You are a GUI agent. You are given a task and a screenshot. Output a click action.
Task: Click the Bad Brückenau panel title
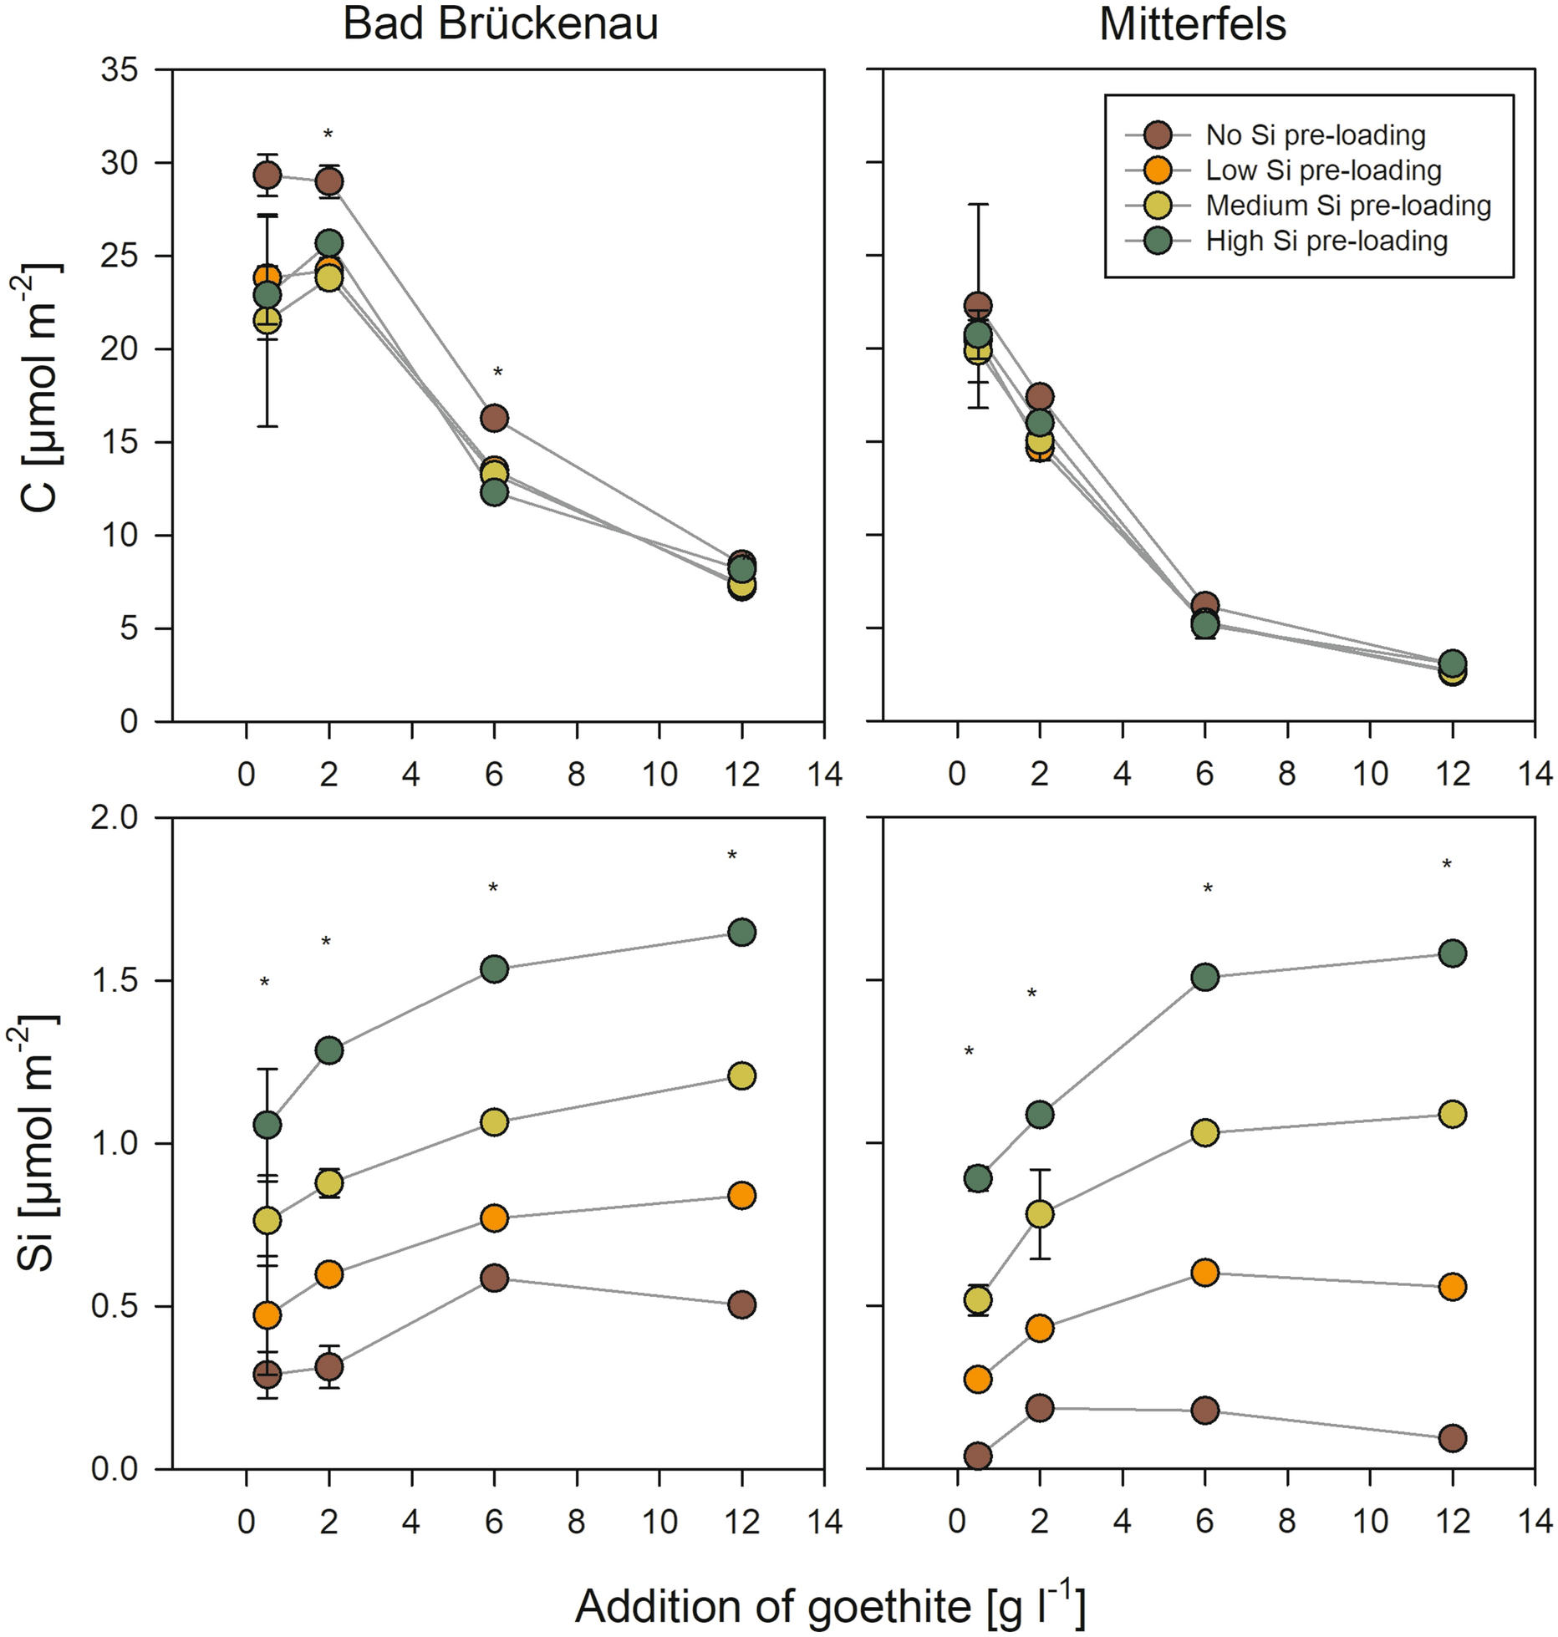pos(500,25)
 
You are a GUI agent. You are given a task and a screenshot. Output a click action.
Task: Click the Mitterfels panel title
pos(1192,25)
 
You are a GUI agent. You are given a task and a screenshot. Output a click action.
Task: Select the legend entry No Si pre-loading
pos(1315,135)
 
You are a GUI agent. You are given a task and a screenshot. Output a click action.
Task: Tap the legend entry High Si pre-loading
pos(1326,241)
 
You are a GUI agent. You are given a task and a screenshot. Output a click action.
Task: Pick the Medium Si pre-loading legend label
pos(1347,206)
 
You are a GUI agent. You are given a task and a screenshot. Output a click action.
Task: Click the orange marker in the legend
pos(1158,170)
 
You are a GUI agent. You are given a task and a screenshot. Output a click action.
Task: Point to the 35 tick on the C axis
pos(120,70)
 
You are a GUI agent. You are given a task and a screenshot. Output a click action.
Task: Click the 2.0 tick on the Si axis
pos(116,817)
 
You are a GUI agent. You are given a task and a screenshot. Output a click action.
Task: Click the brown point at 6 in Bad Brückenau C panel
pos(494,418)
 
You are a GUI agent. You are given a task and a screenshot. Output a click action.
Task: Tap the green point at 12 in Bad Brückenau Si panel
pos(741,933)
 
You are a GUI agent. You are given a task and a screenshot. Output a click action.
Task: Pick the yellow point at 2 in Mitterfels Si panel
pos(1039,1214)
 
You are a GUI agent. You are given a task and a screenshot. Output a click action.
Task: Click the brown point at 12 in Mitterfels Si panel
pos(1453,1438)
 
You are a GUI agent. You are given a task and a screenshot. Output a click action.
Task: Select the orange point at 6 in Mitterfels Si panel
pos(1204,1273)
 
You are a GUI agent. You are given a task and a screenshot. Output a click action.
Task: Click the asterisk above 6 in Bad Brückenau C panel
pos(497,373)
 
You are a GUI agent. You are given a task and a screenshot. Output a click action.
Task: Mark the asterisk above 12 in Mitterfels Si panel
pos(1447,865)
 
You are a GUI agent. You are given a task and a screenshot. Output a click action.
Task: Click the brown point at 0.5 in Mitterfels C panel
pos(978,306)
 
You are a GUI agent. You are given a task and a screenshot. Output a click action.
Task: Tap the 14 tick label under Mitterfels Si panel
pos(1535,1521)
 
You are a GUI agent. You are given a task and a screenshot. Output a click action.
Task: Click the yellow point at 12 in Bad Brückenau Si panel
pos(741,1075)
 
